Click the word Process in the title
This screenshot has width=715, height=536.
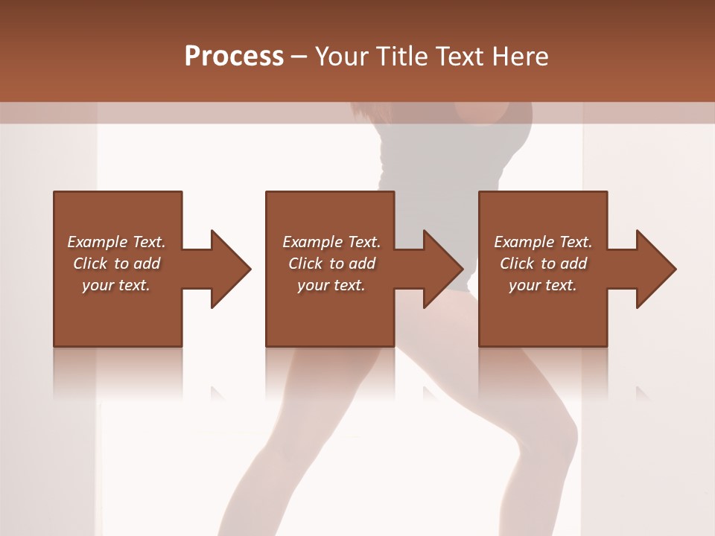click(x=234, y=56)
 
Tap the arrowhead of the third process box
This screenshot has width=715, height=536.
click(x=655, y=269)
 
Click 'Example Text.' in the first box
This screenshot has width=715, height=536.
click(x=116, y=242)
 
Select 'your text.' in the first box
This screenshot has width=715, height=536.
click(x=116, y=285)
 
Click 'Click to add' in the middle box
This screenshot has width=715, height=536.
click(x=331, y=264)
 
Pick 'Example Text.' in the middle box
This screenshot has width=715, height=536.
click(x=331, y=242)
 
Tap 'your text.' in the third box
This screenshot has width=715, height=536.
click(x=542, y=285)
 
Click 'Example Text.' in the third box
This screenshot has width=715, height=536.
click(x=543, y=242)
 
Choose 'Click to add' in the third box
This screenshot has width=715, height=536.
click(x=543, y=264)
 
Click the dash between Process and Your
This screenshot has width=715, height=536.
click(x=299, y=57)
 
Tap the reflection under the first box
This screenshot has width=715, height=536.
click(x=118, y=372)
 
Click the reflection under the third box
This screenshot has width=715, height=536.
click(x=542, y=372)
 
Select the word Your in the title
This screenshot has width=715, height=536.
click(x=342, y=56)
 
